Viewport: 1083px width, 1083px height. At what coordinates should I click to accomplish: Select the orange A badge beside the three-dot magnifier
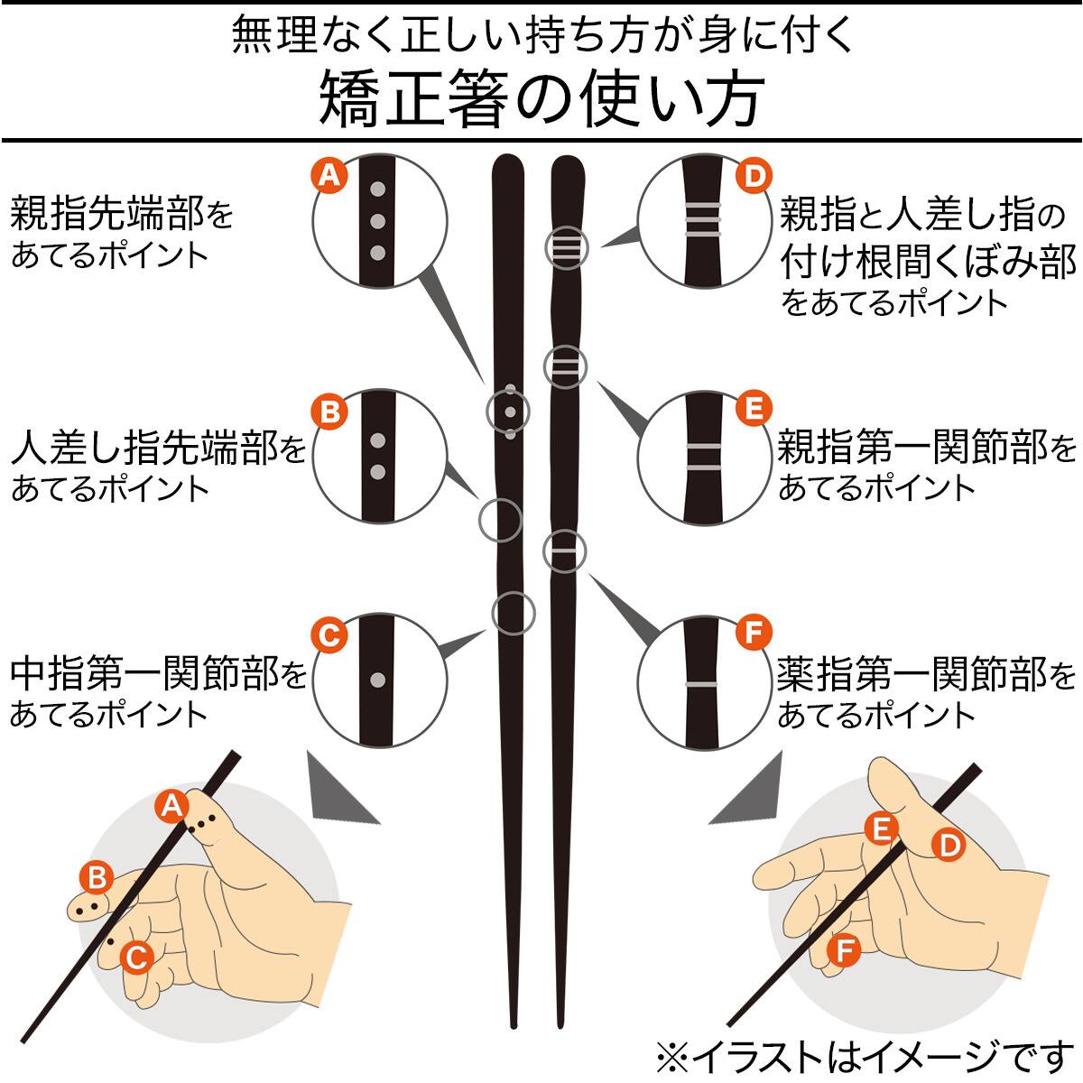[x=329, y=176]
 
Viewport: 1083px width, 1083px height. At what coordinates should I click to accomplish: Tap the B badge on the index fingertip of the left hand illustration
[x=96, y=877]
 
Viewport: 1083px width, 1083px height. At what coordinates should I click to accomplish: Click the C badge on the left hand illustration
[x=136, y=957]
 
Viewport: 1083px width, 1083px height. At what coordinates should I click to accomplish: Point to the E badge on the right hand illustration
[x=880, y=828]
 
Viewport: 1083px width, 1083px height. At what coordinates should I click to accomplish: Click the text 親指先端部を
[x=122, y=217]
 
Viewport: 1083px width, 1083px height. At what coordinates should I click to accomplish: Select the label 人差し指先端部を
[x=159, y=448]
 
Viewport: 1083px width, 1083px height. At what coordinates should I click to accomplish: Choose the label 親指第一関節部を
[x=928, y=448]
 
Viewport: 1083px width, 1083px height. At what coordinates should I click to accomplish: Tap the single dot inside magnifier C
[x=379, y=680]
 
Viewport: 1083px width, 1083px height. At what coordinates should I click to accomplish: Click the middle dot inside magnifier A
[x=379, y=221]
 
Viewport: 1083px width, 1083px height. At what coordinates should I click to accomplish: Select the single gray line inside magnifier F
[x=701, y=686]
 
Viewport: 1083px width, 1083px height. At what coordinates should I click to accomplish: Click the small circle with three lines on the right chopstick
[x=566, y=247]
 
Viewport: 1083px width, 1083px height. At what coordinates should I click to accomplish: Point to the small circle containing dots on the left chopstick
[x=510, y=412]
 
